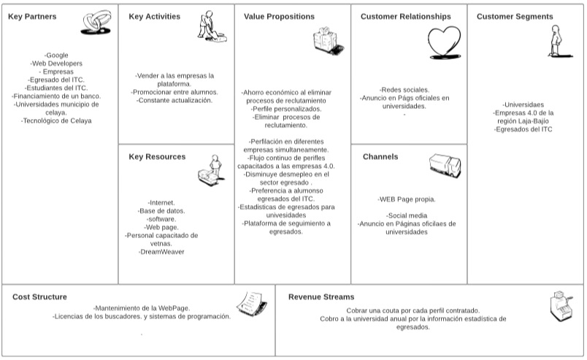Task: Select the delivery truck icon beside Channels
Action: (445, 168)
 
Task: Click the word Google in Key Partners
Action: (57, 55)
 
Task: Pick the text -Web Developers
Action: (56, 64)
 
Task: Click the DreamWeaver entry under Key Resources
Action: (161, 252)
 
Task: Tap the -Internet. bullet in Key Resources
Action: (161, 202)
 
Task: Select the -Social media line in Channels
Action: (407, 216)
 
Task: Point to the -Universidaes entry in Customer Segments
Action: (523, 104)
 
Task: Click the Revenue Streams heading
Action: (321, 297)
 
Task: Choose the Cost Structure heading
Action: (39, 297)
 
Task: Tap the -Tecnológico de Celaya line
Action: (56, 120)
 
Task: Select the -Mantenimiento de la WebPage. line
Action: (141, 308)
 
